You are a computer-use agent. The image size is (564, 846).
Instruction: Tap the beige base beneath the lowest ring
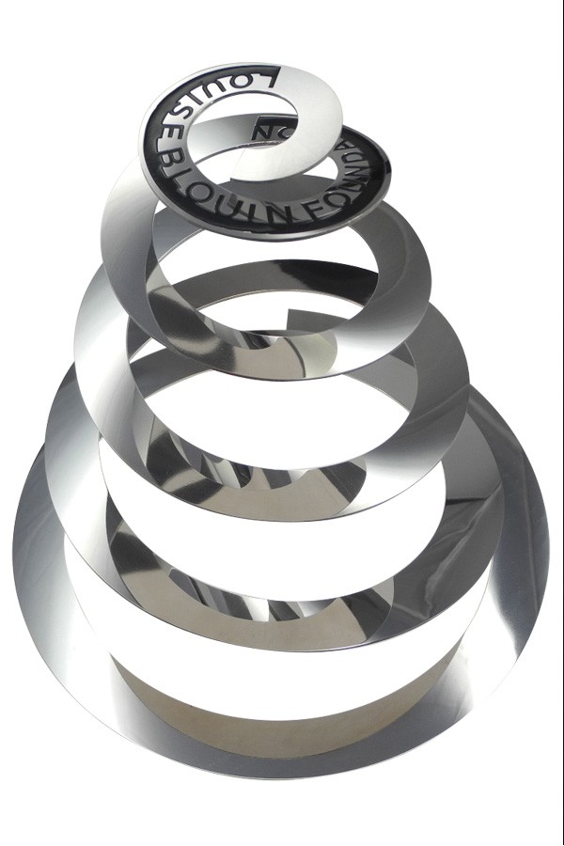pos(282,705)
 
